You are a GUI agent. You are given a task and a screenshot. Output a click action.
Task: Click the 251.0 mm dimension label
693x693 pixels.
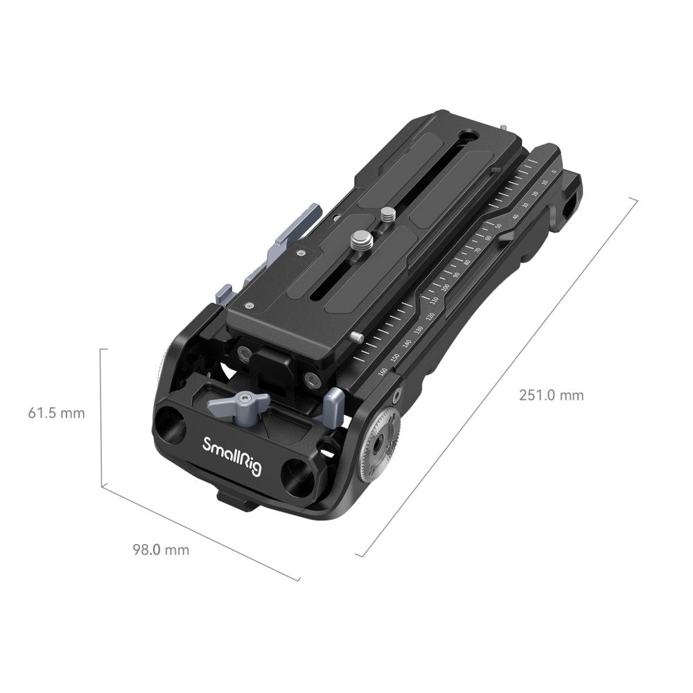pyautogui.click(x=551, y=396)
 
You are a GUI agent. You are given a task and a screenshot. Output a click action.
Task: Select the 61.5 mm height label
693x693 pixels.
pyautogui.click(x=56, y=413)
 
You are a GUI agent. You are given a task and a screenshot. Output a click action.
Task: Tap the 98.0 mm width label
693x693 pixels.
pyautogui.click(x=160, y=550)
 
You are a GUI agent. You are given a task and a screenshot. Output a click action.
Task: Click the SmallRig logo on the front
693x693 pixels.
pyautogui.click(x=231, y=455)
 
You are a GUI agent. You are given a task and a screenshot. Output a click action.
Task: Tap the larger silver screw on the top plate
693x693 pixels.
pyautogui.click(x=360, y=243)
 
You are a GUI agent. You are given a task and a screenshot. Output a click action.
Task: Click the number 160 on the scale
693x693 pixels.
pyautogui.click(x=383, y=372)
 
